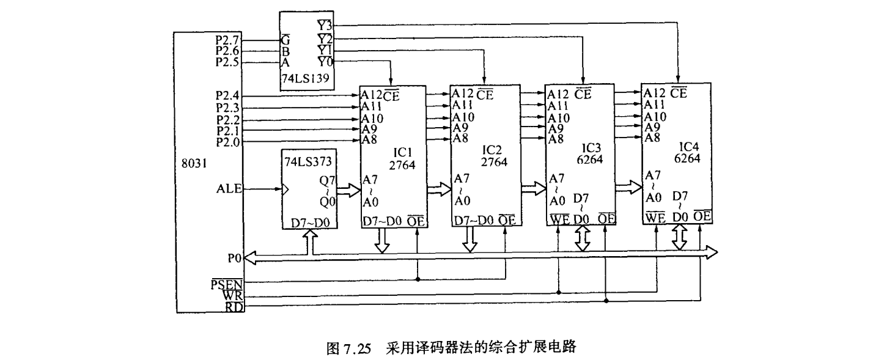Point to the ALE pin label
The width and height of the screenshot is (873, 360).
(230, 189)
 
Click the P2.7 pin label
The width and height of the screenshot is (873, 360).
(227, 40)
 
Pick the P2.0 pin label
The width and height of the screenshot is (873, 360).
(227, 142)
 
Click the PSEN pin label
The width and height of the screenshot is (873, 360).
(227, 284)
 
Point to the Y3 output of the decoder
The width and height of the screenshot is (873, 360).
(325, 26)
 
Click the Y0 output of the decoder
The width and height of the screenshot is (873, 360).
(325, 62)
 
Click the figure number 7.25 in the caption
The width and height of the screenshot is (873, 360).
(357, 349)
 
